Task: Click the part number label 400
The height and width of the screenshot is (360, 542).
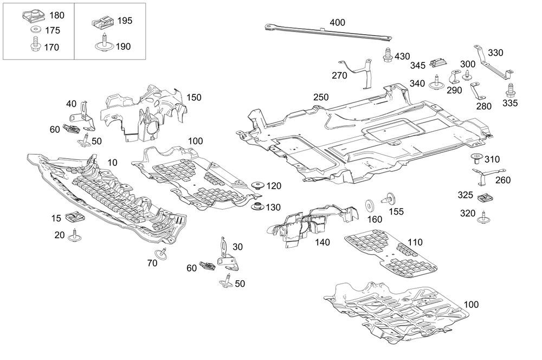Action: [x=337, y=24]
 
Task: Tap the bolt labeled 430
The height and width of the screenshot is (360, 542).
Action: [x=388, y=55]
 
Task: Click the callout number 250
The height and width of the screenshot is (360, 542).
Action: [x=321, y=97]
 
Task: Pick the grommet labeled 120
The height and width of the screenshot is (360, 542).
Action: [x=258, y=186]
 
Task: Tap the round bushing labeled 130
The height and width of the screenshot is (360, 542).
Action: [x=258, y=207]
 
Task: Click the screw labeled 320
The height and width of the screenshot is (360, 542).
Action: [x=482, y=216]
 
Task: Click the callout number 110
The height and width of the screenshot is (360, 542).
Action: [x=415, y=242]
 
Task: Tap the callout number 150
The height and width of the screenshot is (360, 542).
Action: [x=194, y=98]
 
